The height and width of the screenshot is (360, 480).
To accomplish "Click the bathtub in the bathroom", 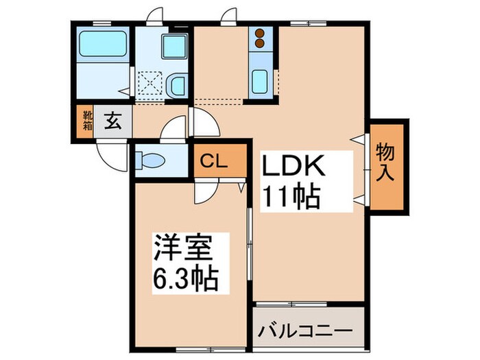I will tap(103, 45).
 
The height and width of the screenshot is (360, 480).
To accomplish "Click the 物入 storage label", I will tap(387, 163).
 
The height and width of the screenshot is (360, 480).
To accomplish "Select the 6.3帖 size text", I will tap(185, 278).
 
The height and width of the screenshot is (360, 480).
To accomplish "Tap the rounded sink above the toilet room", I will tap(176, 86).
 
